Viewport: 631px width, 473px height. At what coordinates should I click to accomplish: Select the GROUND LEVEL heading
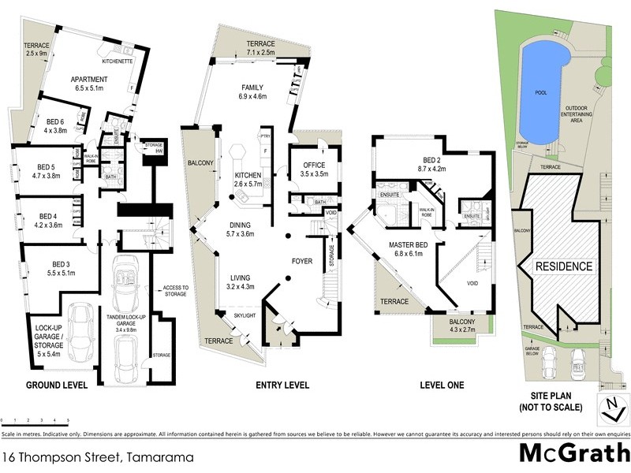56,385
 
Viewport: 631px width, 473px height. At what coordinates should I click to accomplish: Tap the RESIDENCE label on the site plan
564,266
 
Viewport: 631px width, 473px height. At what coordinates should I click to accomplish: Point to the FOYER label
303,259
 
